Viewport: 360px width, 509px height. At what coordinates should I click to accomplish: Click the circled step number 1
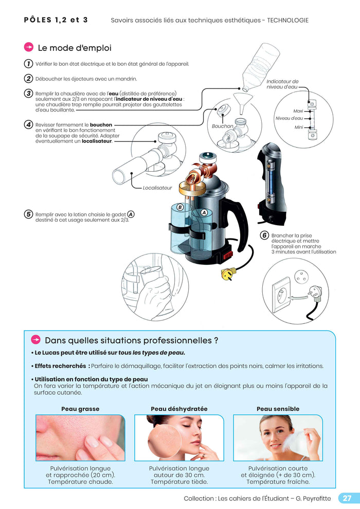[x=28, y=64]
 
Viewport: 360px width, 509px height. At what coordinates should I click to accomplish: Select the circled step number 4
[x=28, y=125]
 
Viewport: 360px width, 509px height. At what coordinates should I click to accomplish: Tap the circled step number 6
[x=264, y=235]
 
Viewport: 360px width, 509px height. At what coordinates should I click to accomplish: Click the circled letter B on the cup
[x=180, y=207]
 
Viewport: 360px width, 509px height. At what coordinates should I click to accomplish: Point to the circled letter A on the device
[x=204, y=212]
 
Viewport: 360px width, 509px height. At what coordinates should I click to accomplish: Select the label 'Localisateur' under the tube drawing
[x=157, y=188]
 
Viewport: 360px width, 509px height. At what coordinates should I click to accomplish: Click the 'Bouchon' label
[x=222, y=126]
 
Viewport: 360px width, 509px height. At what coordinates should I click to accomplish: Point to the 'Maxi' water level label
[x=298, y=111]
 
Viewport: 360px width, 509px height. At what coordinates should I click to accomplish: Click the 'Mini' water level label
[x=298, y=127]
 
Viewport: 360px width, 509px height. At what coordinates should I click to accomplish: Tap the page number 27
[x=347, y=498]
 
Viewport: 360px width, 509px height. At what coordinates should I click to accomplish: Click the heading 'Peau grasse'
[x=80, y=409]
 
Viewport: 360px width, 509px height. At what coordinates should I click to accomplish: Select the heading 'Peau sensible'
[x=278, y=409]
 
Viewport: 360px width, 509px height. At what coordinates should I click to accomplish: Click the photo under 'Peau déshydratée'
[x=179, y=438]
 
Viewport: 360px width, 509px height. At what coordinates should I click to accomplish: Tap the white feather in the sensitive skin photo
[x=295, y=440]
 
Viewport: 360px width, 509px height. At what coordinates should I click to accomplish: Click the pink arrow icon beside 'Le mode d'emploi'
[x=29, y=47]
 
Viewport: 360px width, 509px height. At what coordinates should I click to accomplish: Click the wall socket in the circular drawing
[x=281, y=294]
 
